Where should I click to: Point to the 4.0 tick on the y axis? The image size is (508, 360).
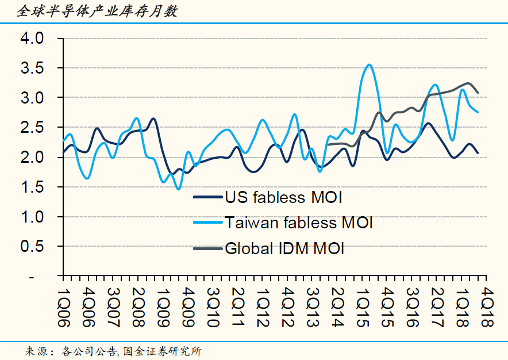pos(32,39)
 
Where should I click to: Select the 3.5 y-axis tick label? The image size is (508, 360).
pos(32,68)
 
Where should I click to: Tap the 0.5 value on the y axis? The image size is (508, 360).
pos(32,246)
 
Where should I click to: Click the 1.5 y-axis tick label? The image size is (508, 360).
pos(32,187)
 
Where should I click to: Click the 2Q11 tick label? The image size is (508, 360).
pos(237,307)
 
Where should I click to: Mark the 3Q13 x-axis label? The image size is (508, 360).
pos(311,307)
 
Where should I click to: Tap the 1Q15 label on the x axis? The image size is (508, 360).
pos(362,307)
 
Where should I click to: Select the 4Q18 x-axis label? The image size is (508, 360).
pos(486,307)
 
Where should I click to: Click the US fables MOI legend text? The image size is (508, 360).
pos(284,198)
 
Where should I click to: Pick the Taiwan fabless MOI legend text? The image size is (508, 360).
pos(299,222)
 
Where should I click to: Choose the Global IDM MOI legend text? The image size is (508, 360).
pos(284,248)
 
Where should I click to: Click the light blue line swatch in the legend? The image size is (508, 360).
pos(207,222)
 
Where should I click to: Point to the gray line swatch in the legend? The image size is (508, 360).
pos(207,248)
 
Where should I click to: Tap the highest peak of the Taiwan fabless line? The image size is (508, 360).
pos(369,65)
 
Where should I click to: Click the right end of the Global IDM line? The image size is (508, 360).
pos(478,93)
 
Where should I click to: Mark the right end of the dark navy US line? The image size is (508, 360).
pos(478,153)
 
